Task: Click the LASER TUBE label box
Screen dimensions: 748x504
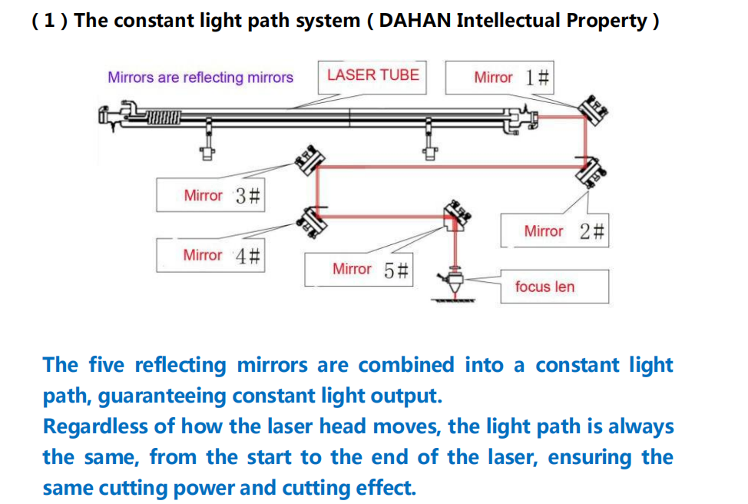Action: [x=372, y=75]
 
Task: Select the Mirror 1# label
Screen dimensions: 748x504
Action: [x=511, y=77]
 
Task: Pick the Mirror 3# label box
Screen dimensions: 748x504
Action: [x=211, y=195]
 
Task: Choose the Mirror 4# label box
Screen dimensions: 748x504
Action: [x=211, y=254]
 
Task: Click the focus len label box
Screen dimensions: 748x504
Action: [x=554, y=287]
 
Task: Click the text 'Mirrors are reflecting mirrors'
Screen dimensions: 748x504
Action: [x=200, y=78]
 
